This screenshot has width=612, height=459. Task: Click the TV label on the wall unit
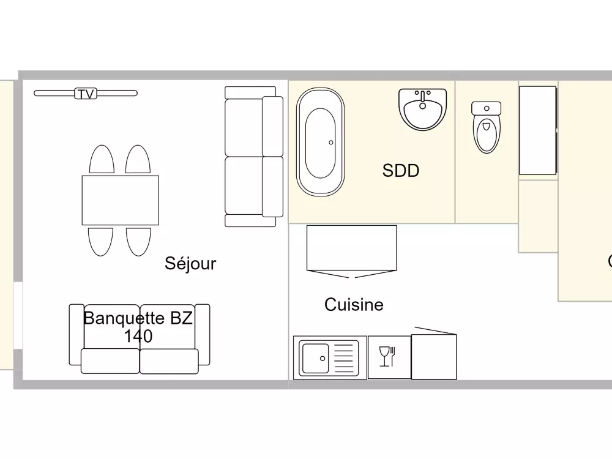click(x=86, y=94)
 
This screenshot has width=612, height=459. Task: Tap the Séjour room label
click(x=190, y=264)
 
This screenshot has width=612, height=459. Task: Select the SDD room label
click(x=401, y=171)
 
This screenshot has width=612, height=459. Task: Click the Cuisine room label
click(x=354, y=305)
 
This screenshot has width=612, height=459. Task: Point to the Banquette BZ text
click(x=138, y=318)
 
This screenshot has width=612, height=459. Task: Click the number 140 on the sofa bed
click(x=138, y=336)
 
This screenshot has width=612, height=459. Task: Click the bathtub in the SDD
click(x=320, y=142)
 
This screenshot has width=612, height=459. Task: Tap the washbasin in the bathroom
click(x=422, y=108)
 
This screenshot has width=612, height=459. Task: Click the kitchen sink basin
click(x=316, y=357)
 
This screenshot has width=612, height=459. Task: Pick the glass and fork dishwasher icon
click(x=389, y=357)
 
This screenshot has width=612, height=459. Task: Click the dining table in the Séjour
click(x=120, y=200)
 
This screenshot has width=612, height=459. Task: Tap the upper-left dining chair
click(x=102, y=160)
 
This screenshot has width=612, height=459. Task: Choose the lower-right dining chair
click(x=138, y=241)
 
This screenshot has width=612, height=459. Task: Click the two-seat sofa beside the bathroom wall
click(x=253, y=157)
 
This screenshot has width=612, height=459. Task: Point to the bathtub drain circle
click(x=331, y=142)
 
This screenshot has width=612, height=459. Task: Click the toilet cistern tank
click(x=487, y=108)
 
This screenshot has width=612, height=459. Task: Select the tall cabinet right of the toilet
click(x=538, y=130)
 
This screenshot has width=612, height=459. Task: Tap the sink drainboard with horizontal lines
click(x=344, y=357)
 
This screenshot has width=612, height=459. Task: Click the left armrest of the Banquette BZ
click(x=76, y=335)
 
